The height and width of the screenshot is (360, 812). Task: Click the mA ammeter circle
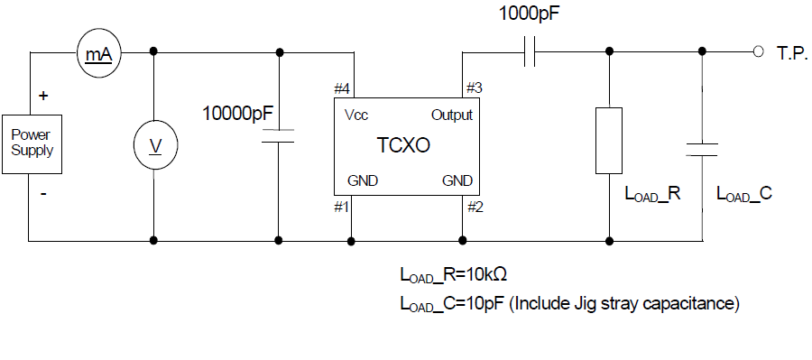(x=97, y=54)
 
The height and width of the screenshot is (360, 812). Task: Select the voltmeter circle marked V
(x=155, y=145)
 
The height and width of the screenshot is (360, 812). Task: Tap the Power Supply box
(x=32, y=143)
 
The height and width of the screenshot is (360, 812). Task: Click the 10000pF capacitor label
(x=238, y=115)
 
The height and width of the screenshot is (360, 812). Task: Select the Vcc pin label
(x=355, y=115)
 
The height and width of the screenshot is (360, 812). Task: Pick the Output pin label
(x=451, y=115)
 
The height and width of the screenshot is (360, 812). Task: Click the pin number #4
(x=341, y=89)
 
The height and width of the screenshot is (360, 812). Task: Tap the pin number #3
(x=474, y=88)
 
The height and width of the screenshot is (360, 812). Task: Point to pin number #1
(x=341, y=207)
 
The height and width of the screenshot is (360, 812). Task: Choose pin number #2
(x=475, y=207)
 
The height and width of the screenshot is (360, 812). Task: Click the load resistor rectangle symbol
(x=609, y=139)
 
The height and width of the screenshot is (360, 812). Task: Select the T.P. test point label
(x=790, y=53)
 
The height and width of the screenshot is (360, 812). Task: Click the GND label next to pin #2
(x=457, y=180)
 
